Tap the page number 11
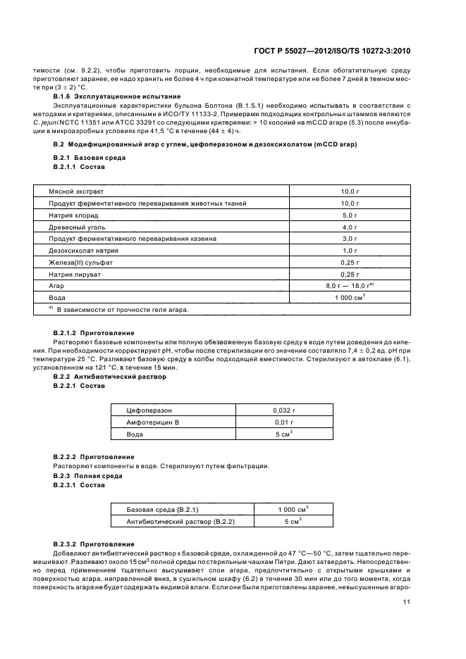click(407, 601)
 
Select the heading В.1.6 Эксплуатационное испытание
click(117, 96)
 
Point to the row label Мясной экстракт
click(75, 191)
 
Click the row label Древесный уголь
click(78, 227)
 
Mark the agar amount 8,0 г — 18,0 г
click(348, 287)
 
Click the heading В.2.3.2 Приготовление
click(94, 544)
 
